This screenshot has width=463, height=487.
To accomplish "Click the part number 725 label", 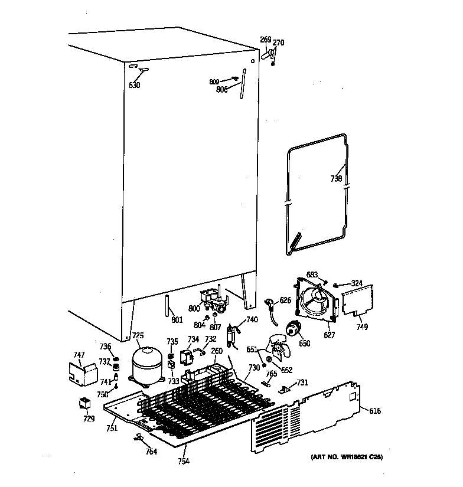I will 137,336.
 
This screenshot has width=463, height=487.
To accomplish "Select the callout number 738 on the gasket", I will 335,178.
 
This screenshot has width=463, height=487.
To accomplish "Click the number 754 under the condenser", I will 183,461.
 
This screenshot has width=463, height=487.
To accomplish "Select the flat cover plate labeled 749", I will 358,299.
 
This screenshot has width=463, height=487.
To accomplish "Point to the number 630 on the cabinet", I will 135,85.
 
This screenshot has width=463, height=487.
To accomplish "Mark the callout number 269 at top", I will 265,40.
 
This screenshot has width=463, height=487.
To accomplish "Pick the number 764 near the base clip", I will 151,452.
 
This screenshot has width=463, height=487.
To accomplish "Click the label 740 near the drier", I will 252,319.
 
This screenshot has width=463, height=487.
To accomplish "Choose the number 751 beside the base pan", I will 111,429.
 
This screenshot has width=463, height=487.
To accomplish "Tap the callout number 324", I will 357,283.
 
